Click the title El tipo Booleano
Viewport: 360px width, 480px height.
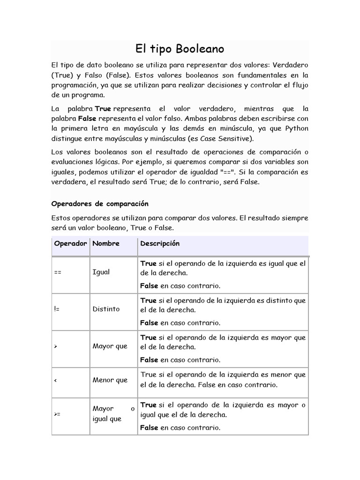[x=180, y=49]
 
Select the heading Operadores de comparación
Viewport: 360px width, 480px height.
[x=99, y=203]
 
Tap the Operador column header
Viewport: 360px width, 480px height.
[x=71, y=244]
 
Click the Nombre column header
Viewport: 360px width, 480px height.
[x=106, y=244]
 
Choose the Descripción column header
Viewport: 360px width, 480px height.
[x=159, y=244]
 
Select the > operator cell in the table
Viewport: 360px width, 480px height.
[x=56, y=346]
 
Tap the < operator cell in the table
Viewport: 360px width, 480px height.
[x=56, y=380]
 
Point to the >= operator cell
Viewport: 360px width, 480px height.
[x=58, y=414]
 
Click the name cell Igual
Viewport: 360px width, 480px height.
[x=101, y=272]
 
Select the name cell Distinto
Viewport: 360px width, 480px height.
[x=106, y=309]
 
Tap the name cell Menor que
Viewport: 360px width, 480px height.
[x=110, y=380]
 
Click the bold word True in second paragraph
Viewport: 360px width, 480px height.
[x=103, y=108]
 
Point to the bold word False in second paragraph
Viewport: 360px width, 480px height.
[x=87, y=118]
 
